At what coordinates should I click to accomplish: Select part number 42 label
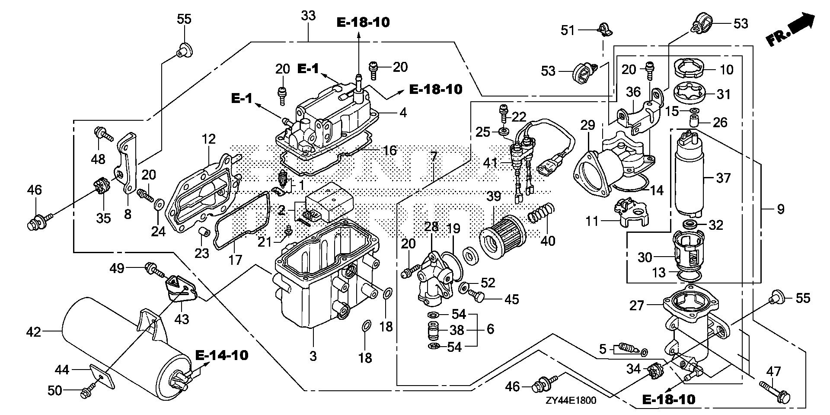click(33, 332)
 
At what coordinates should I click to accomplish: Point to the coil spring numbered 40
click(541, 213)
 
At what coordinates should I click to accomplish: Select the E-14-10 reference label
click(222, 356)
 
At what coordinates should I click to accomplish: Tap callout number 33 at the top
click(308, 16)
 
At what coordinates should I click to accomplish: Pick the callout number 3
click(313, 356)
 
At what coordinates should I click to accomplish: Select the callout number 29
click(588, 126)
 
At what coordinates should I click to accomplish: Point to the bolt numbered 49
click(155, 269)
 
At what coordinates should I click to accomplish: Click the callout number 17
click(236, 260)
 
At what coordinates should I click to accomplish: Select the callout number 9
click(780, 209)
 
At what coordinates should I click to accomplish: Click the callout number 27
click(636, 306)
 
